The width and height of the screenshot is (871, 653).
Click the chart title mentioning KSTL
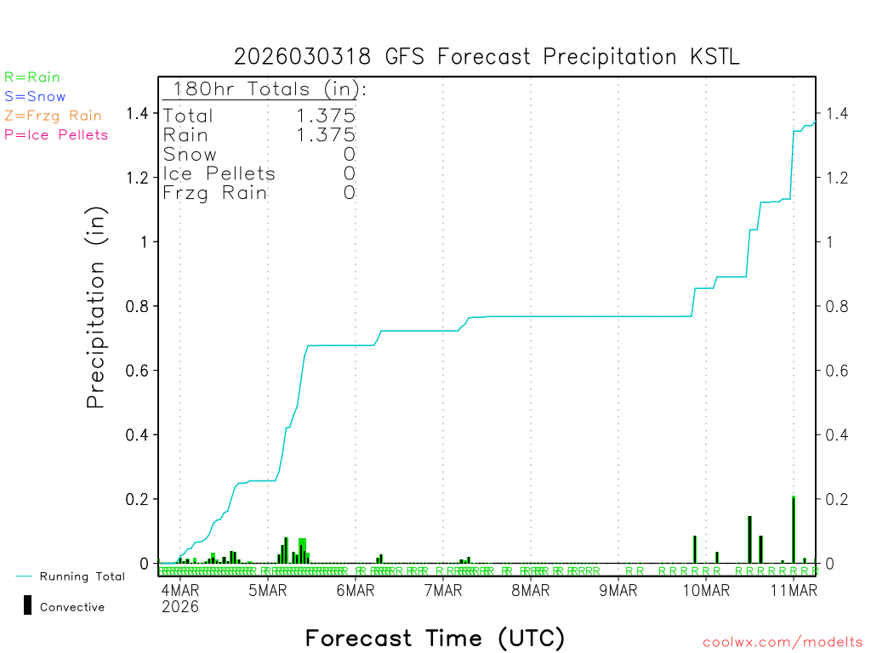tap(487, 57)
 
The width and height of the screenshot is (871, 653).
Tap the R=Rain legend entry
tap(32, 77)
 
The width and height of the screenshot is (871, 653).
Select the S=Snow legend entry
tap(35, 97)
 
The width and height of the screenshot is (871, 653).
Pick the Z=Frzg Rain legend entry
tap(53, 116)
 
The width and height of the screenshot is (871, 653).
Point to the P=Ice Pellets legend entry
tap(56, 134)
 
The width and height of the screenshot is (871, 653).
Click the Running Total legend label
tap(82, 576)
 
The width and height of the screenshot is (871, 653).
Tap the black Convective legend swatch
tap(27, 605)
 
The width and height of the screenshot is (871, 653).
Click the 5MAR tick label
tap(268, 591)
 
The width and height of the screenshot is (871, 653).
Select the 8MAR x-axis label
tap(531, 591)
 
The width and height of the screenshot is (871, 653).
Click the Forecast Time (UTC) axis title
tap(435, 638)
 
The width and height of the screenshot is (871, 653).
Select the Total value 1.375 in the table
tap(325, 116)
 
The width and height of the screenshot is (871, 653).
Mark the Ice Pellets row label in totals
tap(219, 173)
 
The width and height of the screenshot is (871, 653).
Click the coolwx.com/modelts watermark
tap(783, 643)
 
